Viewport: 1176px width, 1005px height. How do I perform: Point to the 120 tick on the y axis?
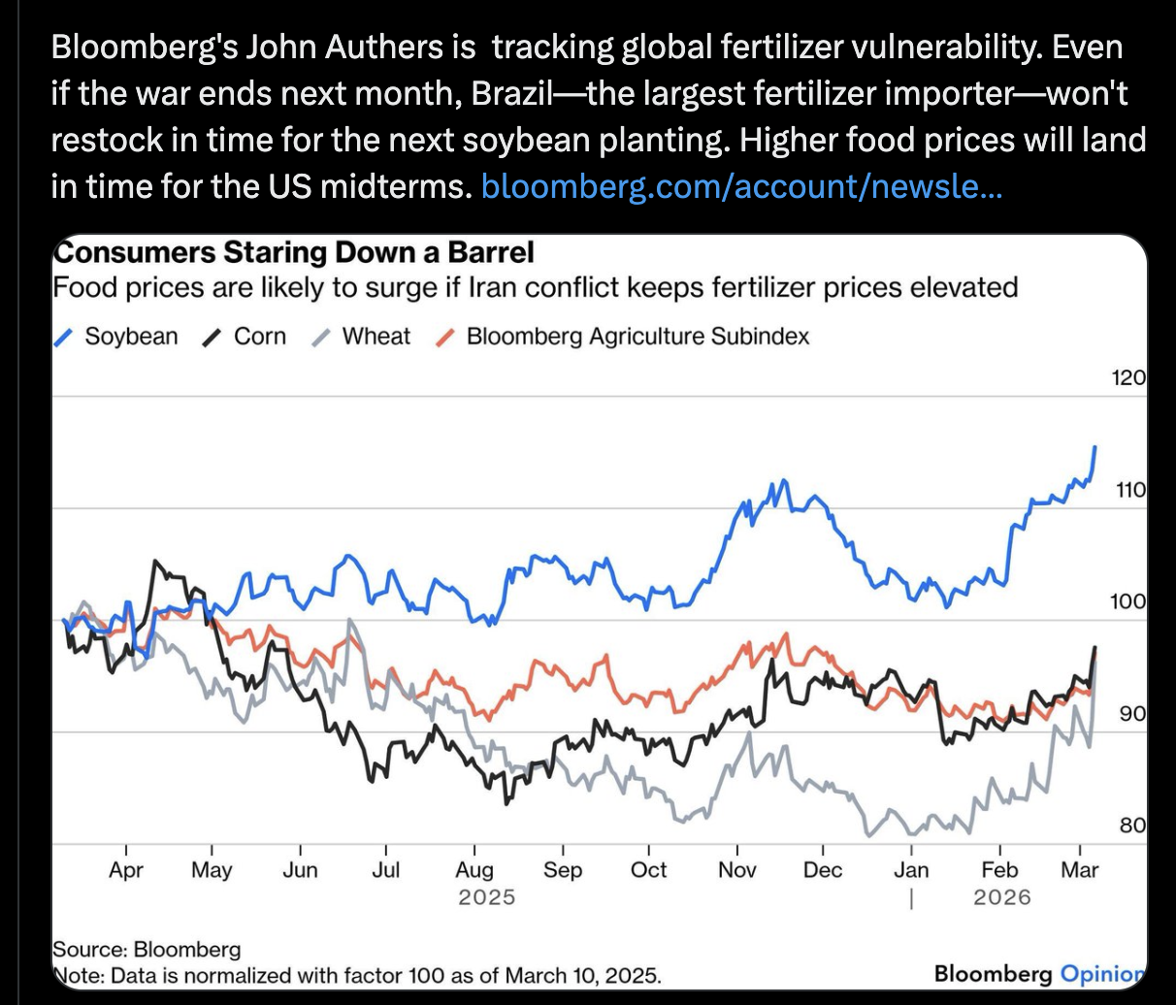[x=1127, y=378]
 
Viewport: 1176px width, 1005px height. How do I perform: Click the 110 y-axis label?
[x=1129, y=490]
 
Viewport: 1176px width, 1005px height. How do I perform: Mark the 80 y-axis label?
[x=1131, y=826]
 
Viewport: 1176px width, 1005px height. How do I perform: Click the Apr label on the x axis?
[x=126, y=870]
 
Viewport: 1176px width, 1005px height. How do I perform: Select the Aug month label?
[x=474, y=870]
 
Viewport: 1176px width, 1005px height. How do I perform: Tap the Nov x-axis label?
[x=736, y=870]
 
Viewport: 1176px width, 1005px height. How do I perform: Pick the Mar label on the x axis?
[x=1079, y=870]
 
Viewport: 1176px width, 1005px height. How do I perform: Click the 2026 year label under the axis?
[x=1001, y=896]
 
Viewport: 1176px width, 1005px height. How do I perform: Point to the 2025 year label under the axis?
[x=486, y=896]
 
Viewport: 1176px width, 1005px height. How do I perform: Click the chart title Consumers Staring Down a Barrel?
[x=294, y=253]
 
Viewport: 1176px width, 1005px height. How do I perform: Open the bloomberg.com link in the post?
[x=741, y=185]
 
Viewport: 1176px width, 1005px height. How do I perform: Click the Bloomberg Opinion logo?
[x=1038, y=973]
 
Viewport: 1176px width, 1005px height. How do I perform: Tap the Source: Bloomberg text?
[x=147, y=949]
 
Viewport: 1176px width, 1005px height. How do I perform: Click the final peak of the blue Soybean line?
[x=1094, y=447]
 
